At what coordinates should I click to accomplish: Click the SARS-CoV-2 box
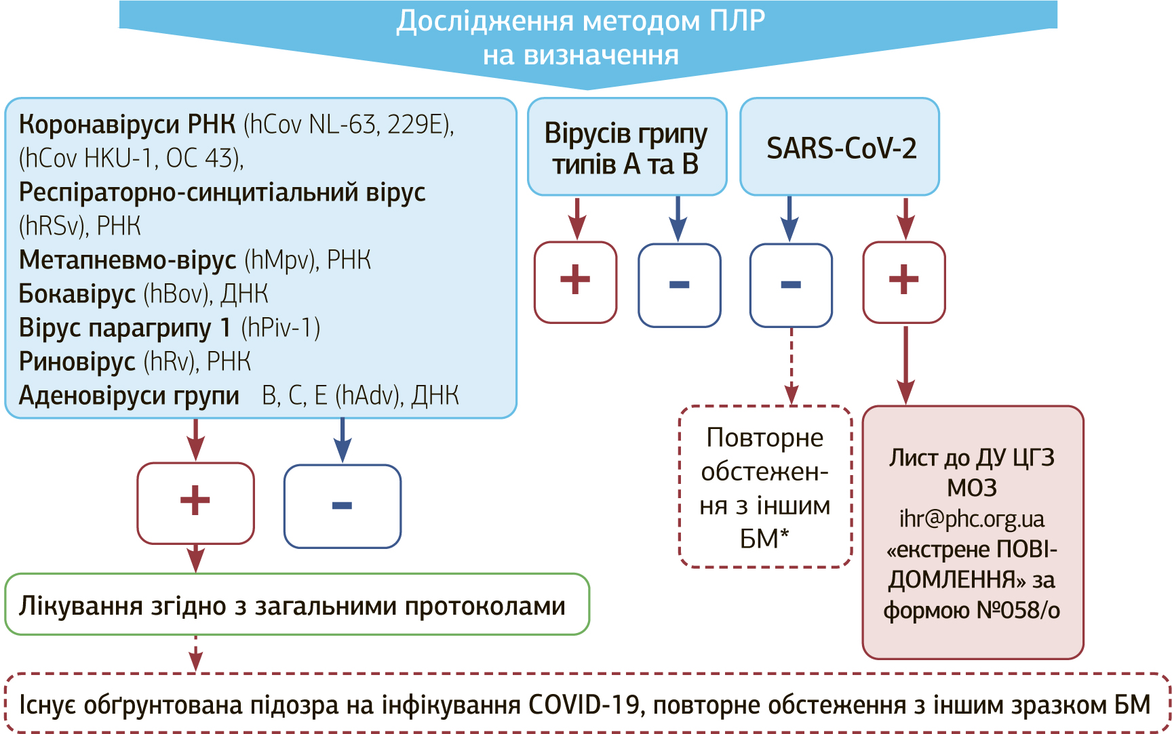(840, 147)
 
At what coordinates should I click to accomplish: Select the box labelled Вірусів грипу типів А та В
(627, 147)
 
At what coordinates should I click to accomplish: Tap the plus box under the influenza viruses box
(575, 282)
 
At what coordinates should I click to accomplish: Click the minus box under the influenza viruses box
(679, 285)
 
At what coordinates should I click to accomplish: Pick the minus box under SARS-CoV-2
(791, 285)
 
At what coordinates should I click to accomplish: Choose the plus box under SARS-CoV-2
(903, 282)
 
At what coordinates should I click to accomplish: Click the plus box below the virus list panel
(195, 503)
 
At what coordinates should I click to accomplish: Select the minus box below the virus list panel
(342, 506)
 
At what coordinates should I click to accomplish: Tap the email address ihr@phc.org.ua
(971, 519)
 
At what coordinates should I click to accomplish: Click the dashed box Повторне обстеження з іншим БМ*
(765, 487)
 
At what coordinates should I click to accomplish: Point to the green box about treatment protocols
(296, 605)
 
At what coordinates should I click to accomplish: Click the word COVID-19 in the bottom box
(584, 705)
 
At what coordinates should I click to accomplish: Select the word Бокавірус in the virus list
(77, 293)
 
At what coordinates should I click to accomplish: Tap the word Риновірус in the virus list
(77, 361)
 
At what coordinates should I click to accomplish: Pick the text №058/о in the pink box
(1017, 610)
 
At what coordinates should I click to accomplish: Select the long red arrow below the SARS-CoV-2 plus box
(905, 366)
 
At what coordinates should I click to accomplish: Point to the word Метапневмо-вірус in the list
(128, 260)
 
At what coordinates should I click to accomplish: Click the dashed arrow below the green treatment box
(195, 653)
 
